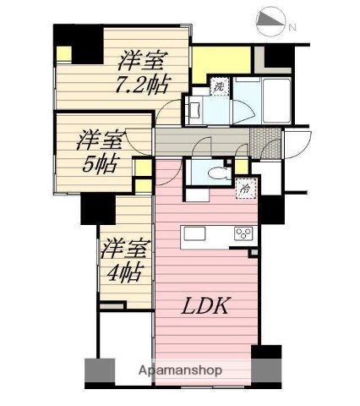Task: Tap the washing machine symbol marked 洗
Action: click(218, 86)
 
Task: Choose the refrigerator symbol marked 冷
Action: click(243, 189)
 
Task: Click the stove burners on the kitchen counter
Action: click(243, 234)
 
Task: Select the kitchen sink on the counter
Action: click(194, 234)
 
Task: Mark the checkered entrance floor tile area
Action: click(262, 141)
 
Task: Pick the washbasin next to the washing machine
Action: click(192, 108)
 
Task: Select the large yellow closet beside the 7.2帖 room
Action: click(221, 60)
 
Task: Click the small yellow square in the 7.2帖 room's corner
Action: click(64, 53)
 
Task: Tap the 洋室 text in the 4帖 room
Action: click(123, 249)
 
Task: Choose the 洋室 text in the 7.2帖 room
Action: click(141, 60)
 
